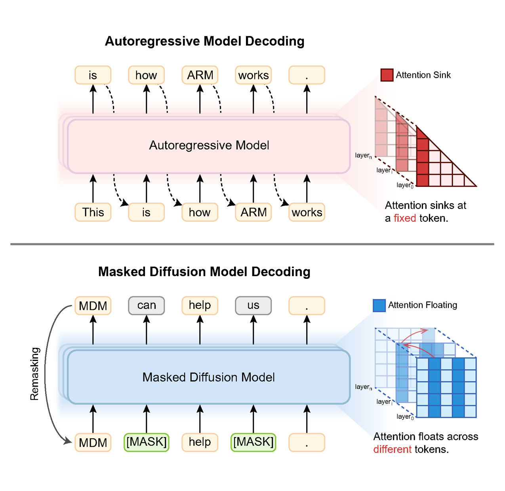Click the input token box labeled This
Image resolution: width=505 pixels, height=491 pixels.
[x=93, y=212]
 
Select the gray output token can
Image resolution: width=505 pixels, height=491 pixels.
[x=146, y=305]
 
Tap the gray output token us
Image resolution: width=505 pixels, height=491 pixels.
[x=253, y=305]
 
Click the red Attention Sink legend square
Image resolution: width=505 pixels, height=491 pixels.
[x=387, y=75]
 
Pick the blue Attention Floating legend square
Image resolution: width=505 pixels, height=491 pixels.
[x=379, y=305]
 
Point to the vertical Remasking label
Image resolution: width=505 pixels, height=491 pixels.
[x=35, y=374]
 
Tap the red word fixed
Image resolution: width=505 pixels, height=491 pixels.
[x=404, y=218]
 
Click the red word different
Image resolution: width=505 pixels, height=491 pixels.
[x=392, y=449]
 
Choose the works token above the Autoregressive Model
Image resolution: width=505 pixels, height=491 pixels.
[x=253, y=75]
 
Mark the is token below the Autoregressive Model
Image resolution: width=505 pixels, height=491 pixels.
[x=146, y=212]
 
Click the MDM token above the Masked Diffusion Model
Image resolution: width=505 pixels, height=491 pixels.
[x=93, y=306]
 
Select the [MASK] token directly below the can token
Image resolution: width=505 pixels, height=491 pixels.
[x=146, y=442]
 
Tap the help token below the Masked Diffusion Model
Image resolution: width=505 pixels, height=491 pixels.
[x=200, y=442]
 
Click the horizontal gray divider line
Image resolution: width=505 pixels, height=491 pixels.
[x=252, y=244]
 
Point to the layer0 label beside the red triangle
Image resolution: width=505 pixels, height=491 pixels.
[x=405, y=185]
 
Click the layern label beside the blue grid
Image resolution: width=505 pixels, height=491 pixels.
[x=363, y=387]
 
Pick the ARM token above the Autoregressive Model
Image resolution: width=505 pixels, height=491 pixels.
[x=200, y=75]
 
